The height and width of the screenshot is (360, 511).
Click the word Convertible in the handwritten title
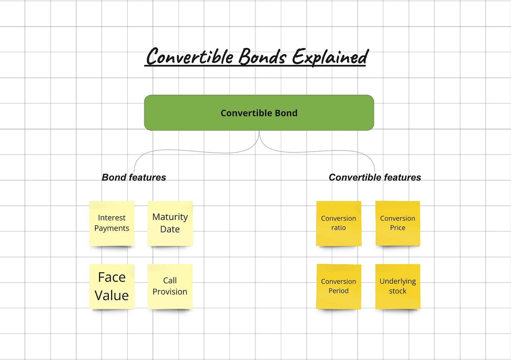pyautogui.click(x=190, y=57)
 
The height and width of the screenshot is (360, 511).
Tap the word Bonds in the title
pyautogui.click(x=263, y=57)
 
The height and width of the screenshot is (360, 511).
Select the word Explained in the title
pyautogui.click(x=330, y=57)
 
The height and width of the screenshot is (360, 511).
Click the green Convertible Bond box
pyautogui.click(x=259, y=113)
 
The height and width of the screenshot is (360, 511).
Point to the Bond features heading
pyautogui.click(x=134, y=177)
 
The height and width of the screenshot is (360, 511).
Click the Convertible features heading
pyautogui.click(x=375, y=177)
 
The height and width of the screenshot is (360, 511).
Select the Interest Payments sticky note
pyautogui.click(x=112, y=223)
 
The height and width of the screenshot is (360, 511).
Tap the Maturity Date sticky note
pyautogui.click(x=170, y=223)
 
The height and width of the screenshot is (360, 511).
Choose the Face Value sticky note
pyautogui.click(x=112, y=286)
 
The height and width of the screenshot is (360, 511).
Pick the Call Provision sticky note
pyautogui.click(x=170, y=286)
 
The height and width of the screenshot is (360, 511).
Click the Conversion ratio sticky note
pyautogui.click(x=339, y=223)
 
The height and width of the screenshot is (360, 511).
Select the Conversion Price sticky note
pyautogui.click(x=398, y=223)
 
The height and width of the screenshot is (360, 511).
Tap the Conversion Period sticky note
pyautogui.click(x=339, y=286)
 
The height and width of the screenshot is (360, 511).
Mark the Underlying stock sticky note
pyautogui.click(x=398, y=286)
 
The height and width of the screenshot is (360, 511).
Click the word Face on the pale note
pyautogui.click(x=112, y=277)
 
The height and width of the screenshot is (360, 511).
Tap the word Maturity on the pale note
pyautogui.click(x=170, y=217)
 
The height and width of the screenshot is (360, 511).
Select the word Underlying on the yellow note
pyautogui.click(x=398, y=281)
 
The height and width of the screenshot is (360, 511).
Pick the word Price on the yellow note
pyautogui.click(x=398, y=228)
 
